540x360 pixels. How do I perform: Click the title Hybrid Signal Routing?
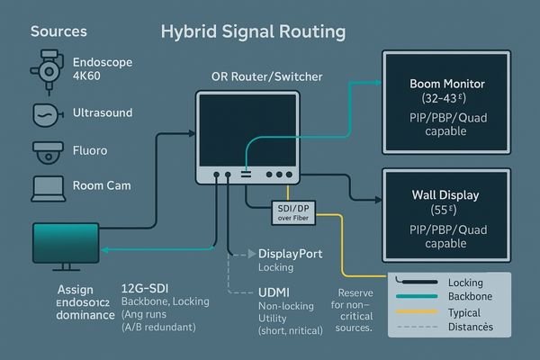tap(253, 31)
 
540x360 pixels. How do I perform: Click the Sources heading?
tap(59, 31)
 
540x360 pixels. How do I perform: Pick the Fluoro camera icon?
tap(46, 152)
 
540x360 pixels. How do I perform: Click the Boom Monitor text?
tap(447, 84)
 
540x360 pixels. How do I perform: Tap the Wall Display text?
tap(446, 194)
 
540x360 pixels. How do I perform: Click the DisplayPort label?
tap(290, 255)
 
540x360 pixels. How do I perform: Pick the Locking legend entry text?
tap(465, 283)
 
